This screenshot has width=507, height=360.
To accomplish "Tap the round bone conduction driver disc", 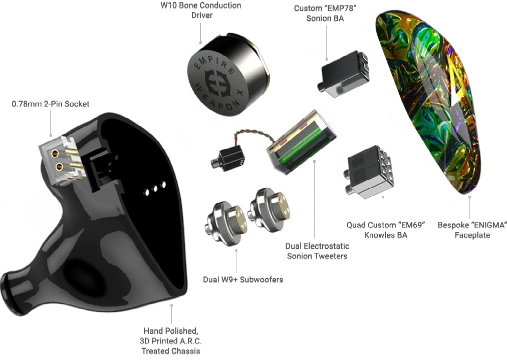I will (218, 83).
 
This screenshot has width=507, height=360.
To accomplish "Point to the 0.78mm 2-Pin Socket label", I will (51, 104).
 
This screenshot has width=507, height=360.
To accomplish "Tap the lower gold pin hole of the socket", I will (60, 166).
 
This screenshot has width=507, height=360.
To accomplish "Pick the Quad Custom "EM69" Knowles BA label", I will (386, 230).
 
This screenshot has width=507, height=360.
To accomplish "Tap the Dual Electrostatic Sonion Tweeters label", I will (317, 251).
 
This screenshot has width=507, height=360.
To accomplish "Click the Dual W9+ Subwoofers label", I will (243, 279).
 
